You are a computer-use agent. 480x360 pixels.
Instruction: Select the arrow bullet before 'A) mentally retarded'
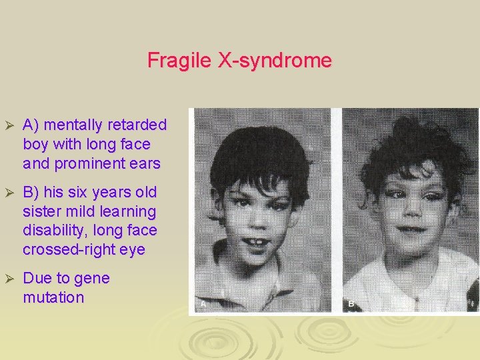[9, 126]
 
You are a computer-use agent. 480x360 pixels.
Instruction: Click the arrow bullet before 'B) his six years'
[9, 193]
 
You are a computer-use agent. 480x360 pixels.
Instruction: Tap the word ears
[145, 163]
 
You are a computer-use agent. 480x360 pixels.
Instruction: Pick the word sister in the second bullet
[41, 212]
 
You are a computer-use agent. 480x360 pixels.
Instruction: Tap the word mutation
[53, 297]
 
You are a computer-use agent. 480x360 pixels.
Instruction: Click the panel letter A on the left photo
[202, 304]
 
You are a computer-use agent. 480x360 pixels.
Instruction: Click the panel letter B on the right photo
[351, 304]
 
